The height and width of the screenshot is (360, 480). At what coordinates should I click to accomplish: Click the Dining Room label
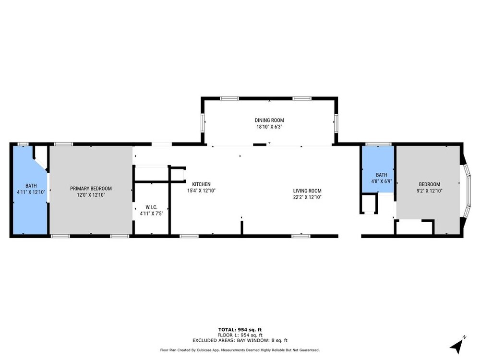click(x=269, y=120)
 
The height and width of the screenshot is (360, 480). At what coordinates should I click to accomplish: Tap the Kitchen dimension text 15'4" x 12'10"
click(x=202, y=191)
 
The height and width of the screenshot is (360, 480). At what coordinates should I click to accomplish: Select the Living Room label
click(x=307, y=191)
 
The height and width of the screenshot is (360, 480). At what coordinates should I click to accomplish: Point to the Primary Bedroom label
click(x=91, y=189)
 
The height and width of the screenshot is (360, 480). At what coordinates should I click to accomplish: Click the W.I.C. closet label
click(x=152, y=207)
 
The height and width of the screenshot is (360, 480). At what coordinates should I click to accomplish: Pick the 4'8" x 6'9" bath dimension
click(x=382, y=181)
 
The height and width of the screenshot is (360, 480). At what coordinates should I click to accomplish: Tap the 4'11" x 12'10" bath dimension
click(x=31, y=192)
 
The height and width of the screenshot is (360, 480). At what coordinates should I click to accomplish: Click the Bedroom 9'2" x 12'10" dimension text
click(x=430, y=191)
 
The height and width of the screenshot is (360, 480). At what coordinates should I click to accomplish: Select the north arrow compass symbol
click(x=457, y=345)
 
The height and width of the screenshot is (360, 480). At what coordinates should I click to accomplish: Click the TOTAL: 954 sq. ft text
click(x=240, y=330)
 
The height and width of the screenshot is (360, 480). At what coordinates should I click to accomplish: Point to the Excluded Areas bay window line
click(x=240, y=340)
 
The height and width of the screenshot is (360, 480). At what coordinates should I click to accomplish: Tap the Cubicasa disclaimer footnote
click(x=240, y=350)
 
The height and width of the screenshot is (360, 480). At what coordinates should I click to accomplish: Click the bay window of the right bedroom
click(x=467, y=191)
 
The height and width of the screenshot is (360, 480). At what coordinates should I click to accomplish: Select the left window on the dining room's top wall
click(x=229, y=98)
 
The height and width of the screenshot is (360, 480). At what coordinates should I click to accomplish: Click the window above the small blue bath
click(x=378, y=144)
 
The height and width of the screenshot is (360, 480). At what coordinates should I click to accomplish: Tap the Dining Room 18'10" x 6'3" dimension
click(x=269, y=127)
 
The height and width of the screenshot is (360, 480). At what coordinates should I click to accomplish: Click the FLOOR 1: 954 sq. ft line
click(x=240, y=335)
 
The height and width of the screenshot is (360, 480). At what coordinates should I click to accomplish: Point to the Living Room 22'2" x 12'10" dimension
click(x=307, y=197)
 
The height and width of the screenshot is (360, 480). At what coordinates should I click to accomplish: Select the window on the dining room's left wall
click(x=203, y=123)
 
